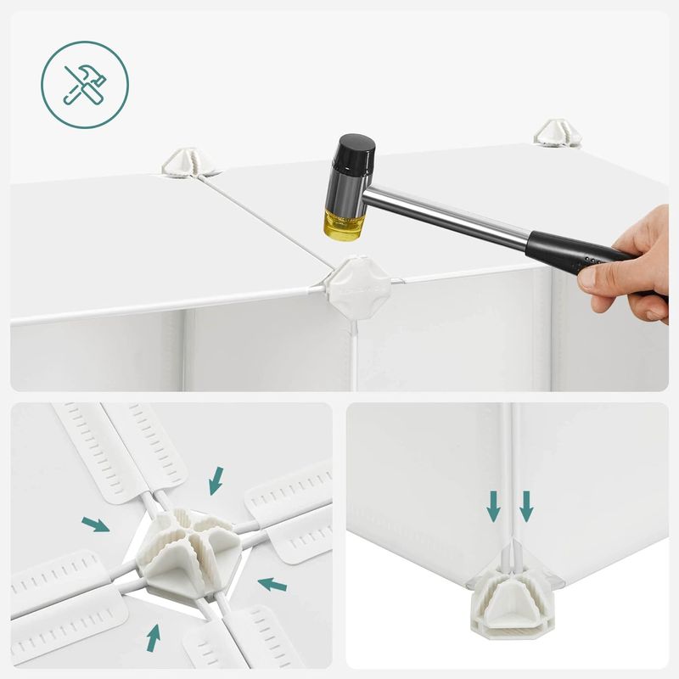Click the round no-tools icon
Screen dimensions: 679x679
coord(85,84)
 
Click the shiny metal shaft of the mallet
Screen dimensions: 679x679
coord(458,216)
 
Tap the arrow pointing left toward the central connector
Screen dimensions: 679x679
coord(272,584)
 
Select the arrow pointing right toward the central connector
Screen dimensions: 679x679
coord(95,525)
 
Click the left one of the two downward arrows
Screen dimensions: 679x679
coord(493,507)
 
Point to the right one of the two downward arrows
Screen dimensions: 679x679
coord(526,507)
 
